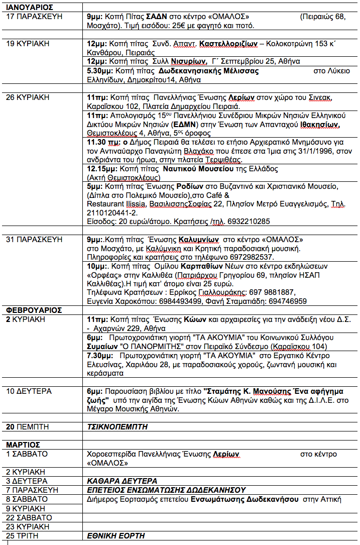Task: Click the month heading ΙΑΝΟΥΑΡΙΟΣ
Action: pos(30,8)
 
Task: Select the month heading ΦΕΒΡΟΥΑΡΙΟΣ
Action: pos(34,310)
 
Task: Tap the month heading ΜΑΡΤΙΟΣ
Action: pos(23,445)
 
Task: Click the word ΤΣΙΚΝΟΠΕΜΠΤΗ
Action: pos(117,427)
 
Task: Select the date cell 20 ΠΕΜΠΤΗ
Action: pos(27,427)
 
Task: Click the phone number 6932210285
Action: pos(249,221)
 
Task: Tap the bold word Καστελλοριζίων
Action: pos(228,44)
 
